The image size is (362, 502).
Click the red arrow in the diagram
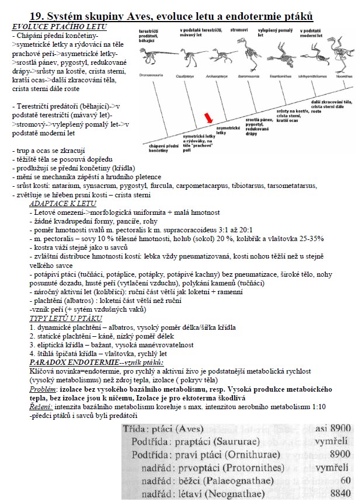point(208,119)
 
